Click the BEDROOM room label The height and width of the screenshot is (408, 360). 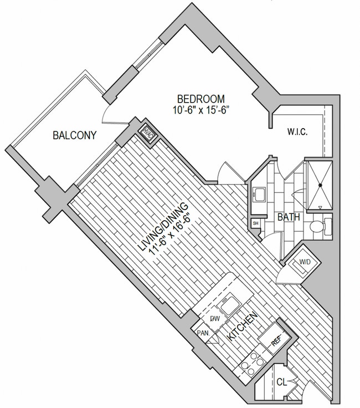tap(200, 99)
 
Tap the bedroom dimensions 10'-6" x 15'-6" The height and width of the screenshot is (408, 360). tap(200, 110)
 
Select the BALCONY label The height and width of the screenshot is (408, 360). tap(75, 135)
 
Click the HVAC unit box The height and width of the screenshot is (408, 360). tap(148, 133)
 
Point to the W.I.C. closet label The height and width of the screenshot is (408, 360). tap(297, 132)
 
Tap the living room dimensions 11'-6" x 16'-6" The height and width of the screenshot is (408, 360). tap(171, 234)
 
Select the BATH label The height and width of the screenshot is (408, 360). tap(289, 217)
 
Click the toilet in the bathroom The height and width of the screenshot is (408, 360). tap(321, 226)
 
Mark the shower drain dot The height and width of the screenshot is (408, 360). tap(320, 185)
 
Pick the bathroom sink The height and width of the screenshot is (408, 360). tap(259, 195)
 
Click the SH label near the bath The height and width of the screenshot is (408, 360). tap(255, 223)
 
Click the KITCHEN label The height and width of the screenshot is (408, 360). tap(243, 326)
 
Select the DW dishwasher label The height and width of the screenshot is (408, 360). tap(215, 319)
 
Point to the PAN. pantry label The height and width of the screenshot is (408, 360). tap(203, 333)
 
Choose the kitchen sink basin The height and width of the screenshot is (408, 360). tap(230, 304)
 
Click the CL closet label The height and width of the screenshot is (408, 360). tap(281, 382)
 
